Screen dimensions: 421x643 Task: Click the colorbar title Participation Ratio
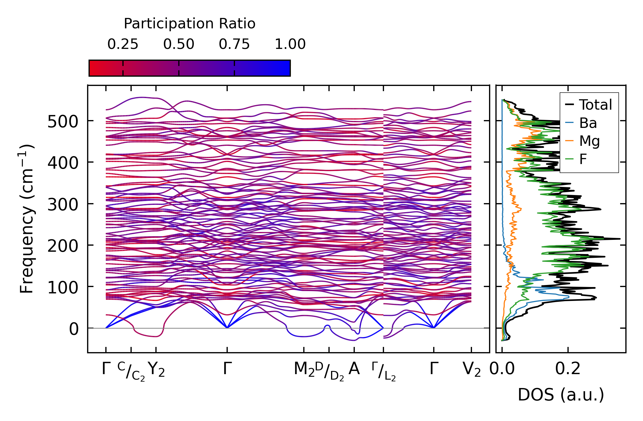coord(190,24)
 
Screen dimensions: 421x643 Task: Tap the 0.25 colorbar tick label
coord(123,44)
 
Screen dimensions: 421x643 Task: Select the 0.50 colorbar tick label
coord(179,44)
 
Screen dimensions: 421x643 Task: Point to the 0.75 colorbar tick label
coord(234,44)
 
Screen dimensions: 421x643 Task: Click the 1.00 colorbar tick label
coord(290,44)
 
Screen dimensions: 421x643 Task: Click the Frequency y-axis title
coord(27,219)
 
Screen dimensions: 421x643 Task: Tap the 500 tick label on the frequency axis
coord(63,122)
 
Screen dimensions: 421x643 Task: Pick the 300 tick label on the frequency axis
coord(63,205)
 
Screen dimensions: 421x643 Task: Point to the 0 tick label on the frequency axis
coord(74,329)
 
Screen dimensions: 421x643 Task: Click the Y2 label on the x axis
coord(156,369)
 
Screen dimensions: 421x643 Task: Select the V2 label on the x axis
coord(471,369)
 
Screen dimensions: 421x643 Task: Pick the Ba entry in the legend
coord(588,123)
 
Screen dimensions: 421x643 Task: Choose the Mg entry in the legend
coord(589,141)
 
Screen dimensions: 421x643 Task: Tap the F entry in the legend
coord(583,159)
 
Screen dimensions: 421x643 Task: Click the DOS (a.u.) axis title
coord(561,395)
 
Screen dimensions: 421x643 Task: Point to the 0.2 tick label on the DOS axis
coord(568,369)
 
